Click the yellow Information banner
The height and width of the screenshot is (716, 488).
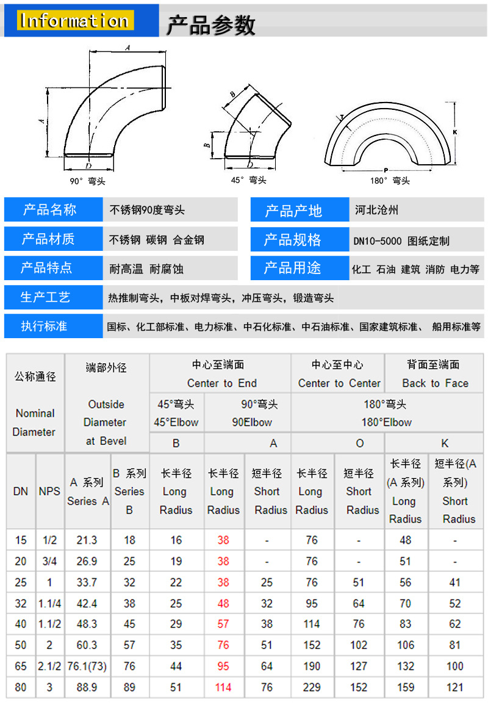point(76,21)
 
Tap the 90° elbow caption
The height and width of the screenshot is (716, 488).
point(87,181)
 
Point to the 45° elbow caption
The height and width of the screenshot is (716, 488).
point(249,180)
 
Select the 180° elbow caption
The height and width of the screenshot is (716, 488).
point(390,180)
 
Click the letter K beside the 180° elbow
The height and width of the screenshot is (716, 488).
point(454,132)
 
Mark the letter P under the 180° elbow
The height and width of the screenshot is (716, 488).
point(386,170)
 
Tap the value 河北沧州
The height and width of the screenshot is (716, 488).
point(376,210)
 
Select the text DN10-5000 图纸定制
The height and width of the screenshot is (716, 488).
point(401,240)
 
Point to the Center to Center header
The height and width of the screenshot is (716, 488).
point(339,383)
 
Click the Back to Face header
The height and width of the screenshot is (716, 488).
point(435,383)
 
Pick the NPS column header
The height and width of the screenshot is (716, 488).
point(49,491)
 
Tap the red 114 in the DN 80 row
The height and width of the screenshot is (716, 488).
point(223,687)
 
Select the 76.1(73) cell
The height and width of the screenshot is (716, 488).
point(87,666)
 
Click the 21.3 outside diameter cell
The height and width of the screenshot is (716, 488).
point(87,540)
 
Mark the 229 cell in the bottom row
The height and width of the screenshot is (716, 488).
point(312,687)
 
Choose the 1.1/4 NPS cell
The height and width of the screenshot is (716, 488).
point(49,604)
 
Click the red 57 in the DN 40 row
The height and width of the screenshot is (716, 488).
point(223,624)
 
